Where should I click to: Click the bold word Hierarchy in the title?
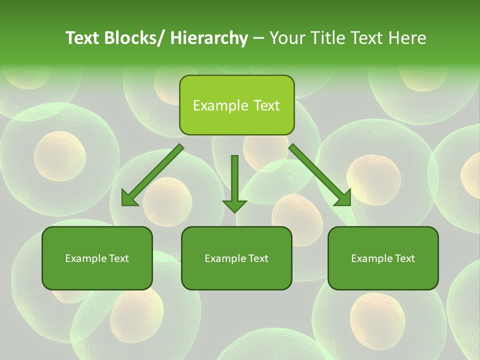[x=209, y=38]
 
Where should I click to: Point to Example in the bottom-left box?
[x=82, y=258]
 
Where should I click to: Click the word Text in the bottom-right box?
[x=404, y=258]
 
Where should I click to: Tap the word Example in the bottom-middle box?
[x=222, y=258]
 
